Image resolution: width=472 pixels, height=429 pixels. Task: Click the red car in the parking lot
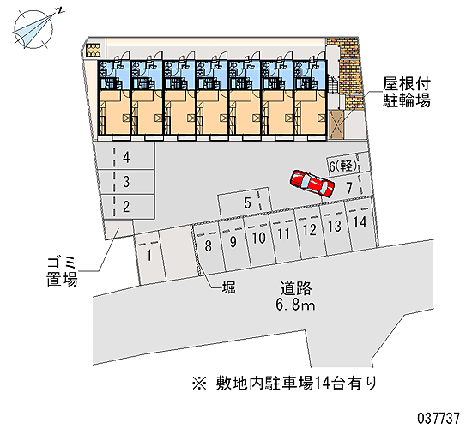click(312, 184)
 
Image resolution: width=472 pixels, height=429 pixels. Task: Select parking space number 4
click(124, 157)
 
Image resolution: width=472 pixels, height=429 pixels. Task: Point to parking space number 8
click(209, 247)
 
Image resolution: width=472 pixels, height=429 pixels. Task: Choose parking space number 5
click(245, 203)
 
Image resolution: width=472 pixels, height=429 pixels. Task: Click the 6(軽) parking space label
click(344, 166)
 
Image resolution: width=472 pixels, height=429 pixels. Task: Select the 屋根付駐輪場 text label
click(407, 93)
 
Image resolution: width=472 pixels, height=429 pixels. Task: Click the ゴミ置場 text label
click(63, 271)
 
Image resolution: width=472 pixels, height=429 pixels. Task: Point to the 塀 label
click(229, 287)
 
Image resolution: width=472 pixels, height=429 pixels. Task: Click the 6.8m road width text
click(295, 305)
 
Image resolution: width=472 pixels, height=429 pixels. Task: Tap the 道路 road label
click(296, 288)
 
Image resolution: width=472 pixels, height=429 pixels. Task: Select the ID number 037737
click(439, 418)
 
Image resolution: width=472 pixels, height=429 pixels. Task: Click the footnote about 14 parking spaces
click(284, 384)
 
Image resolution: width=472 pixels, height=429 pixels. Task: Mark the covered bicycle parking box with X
click(337, 124)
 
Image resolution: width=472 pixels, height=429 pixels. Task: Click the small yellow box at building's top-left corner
click(93, 50)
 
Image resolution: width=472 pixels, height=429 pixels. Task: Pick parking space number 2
click(124, 207)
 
